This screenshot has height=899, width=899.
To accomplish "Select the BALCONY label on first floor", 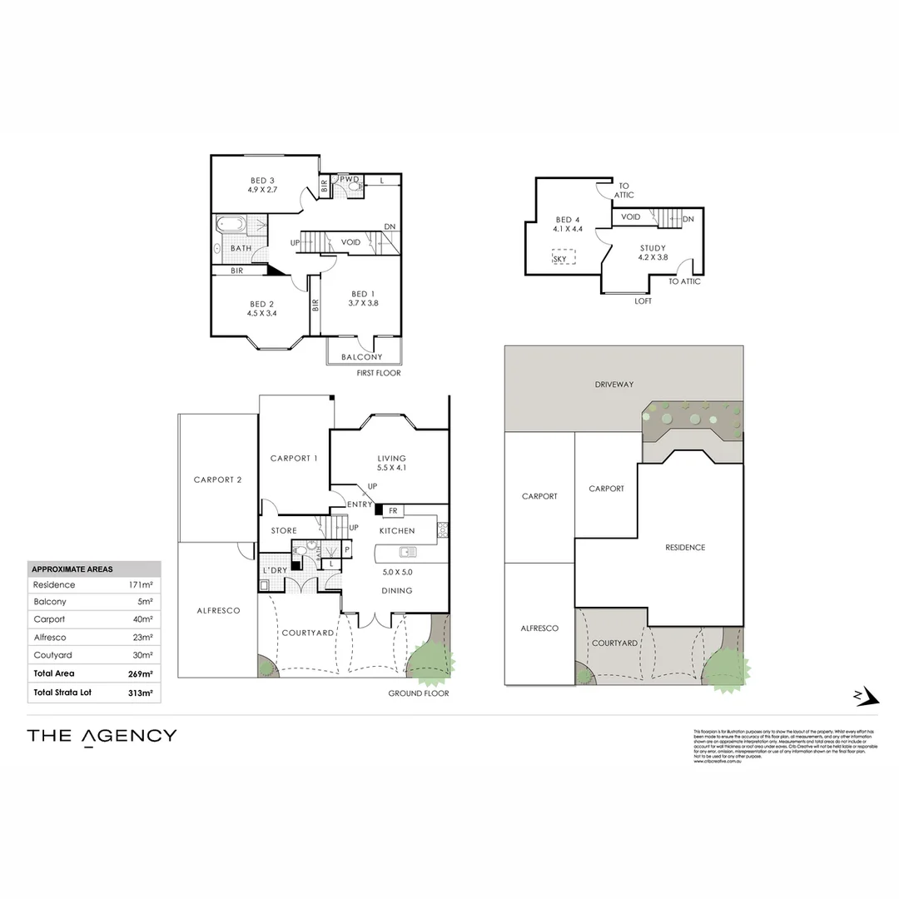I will (361, 357).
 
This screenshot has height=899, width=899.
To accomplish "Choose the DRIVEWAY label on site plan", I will (614, 385).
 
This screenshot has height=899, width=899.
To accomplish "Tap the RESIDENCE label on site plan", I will (685, 547).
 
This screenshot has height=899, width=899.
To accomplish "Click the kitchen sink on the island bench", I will (407, 551).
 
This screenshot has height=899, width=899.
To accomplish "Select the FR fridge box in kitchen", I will (391, 510).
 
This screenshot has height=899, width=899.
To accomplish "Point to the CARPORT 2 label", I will (217, 479).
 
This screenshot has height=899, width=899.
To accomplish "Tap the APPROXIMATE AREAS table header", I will (72, 569).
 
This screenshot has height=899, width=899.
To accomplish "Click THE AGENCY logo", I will (102, 736).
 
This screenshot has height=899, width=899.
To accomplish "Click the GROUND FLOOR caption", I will (418, 693).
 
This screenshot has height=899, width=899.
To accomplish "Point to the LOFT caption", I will (643, 301).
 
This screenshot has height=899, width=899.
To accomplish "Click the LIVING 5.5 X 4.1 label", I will (391, 463).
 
